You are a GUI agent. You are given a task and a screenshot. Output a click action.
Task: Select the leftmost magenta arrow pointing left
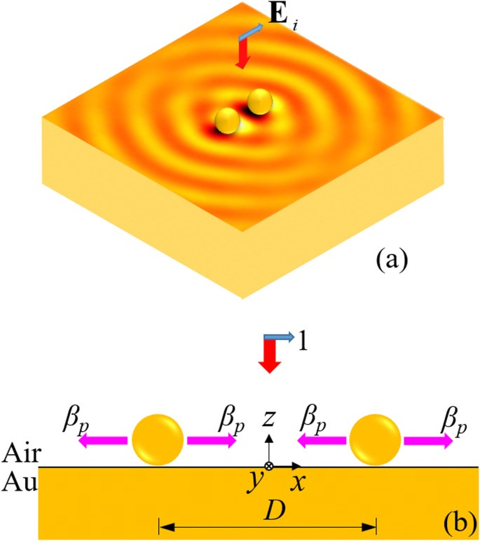pos(102,441)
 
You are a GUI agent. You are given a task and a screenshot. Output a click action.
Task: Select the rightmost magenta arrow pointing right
pos(428,441)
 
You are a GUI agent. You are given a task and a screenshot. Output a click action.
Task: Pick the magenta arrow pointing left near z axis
pos(320,441)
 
